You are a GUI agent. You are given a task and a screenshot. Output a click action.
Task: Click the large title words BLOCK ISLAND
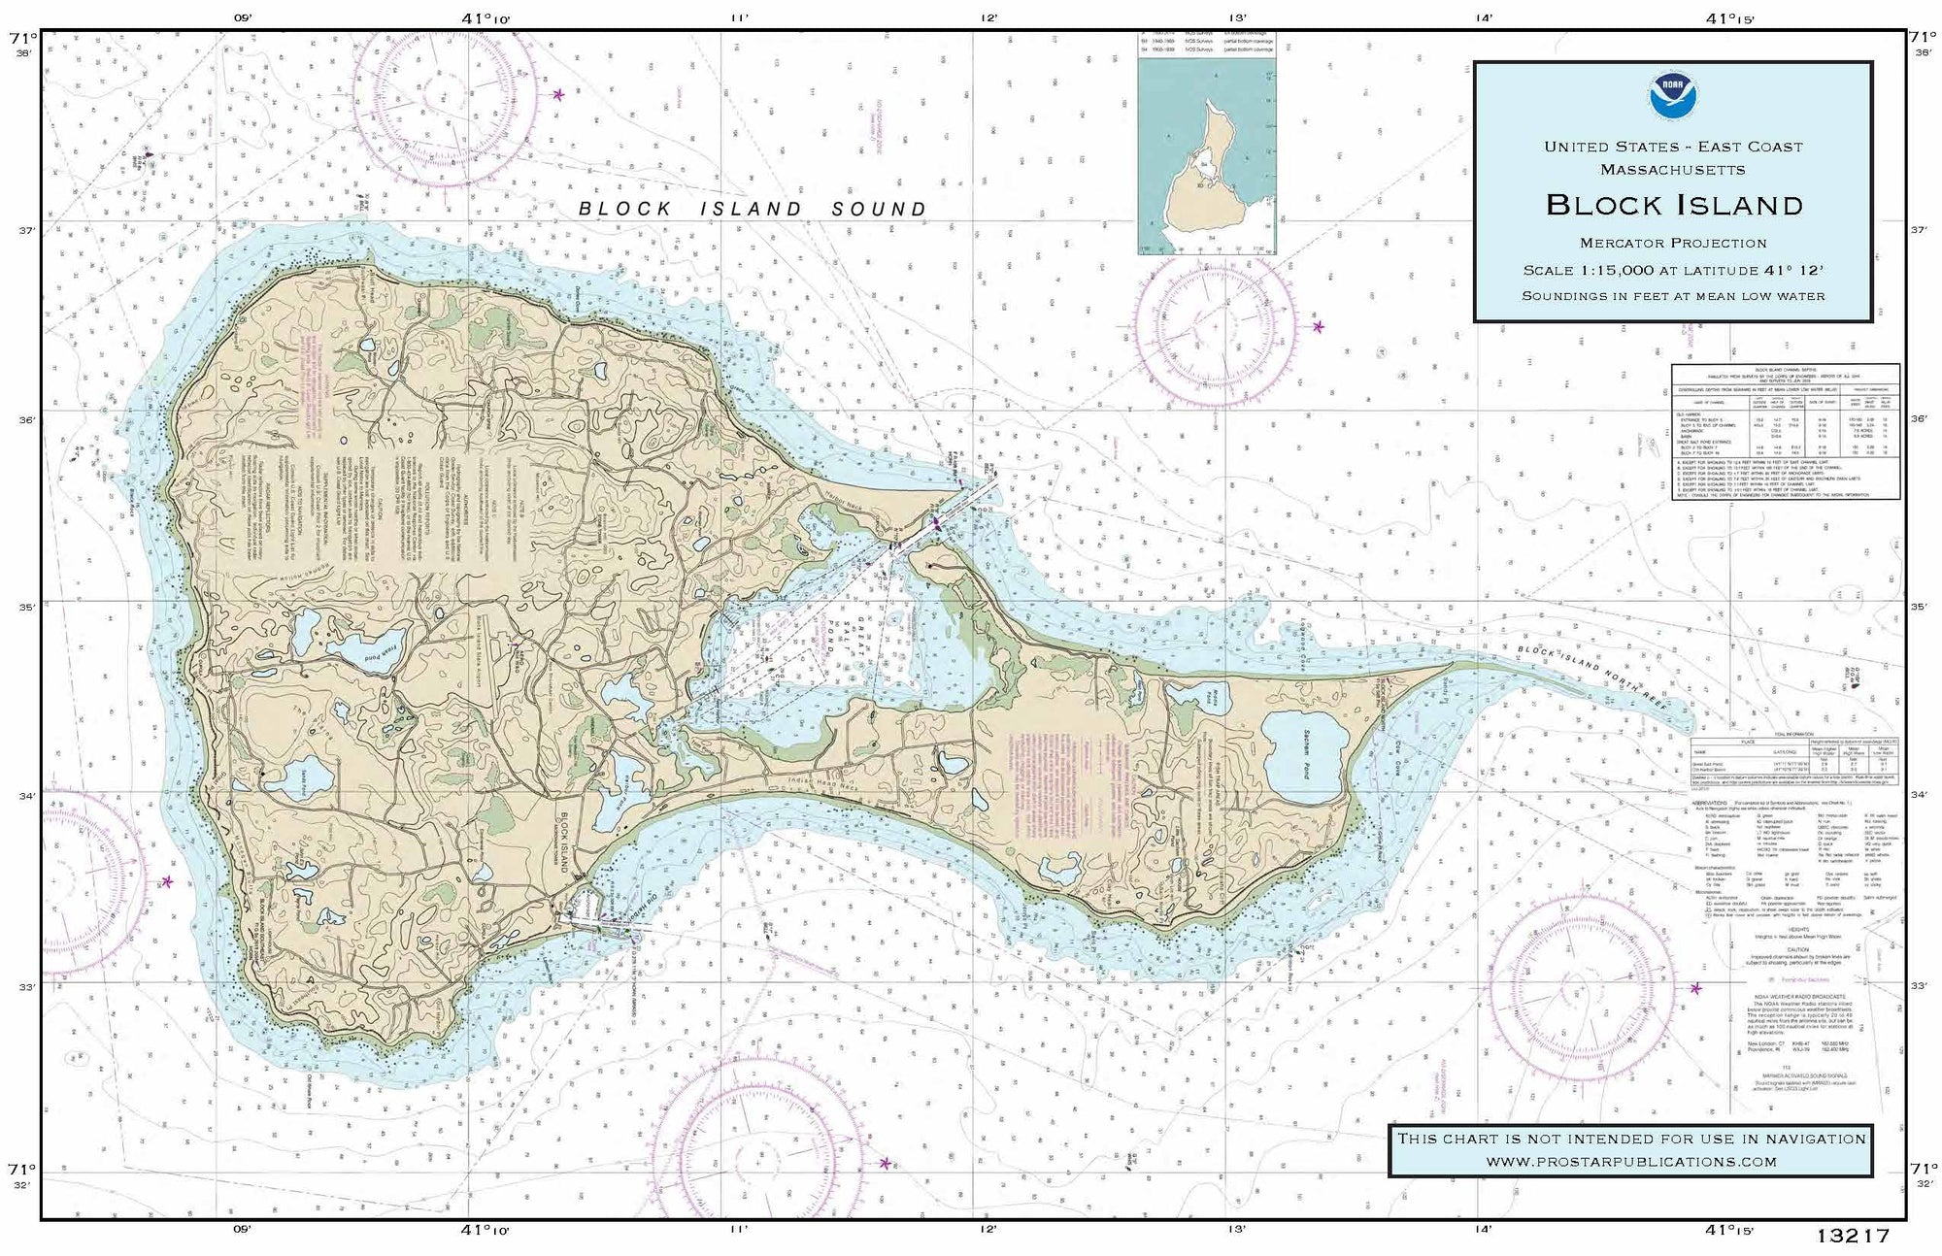(1674, 205)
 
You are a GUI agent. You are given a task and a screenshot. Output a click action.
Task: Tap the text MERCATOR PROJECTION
(1673, 243)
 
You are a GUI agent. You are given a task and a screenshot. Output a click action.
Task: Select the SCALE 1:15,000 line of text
(1673, 271)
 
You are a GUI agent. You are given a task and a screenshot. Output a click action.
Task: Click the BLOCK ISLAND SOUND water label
(753, 209)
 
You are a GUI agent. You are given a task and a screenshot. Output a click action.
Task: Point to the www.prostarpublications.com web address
(1630, 1161)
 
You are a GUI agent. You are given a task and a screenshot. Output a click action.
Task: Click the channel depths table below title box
(1785, 431)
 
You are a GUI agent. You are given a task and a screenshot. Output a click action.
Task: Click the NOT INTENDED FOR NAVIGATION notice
(1630, 1139)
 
